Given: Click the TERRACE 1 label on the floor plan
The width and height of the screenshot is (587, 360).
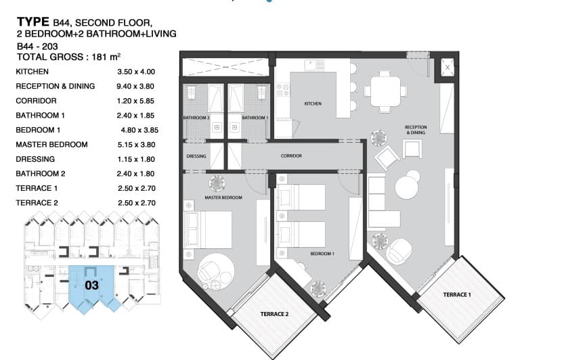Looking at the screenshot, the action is (457, 295).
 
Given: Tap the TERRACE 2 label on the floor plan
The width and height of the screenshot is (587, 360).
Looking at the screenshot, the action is (274, 314).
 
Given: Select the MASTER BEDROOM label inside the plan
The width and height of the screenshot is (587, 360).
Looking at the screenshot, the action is (223, 198).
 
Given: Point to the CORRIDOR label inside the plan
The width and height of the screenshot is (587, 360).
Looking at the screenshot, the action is (291, 156).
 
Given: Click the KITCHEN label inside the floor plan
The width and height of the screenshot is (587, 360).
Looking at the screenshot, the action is (313, 104).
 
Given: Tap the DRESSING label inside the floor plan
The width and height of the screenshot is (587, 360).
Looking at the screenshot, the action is (196, 156).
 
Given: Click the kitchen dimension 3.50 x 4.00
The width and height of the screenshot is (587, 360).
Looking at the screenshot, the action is (136, 72).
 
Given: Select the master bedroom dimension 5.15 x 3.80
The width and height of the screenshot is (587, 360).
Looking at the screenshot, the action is (136, 145).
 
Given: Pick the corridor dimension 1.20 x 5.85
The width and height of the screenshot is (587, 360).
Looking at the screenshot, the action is (135, 101).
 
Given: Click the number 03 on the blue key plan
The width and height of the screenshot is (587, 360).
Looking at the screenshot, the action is (91, 286).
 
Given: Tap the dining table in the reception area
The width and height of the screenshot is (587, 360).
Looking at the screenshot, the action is (386, 91).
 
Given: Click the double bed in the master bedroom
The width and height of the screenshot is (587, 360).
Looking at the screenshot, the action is (208, 230).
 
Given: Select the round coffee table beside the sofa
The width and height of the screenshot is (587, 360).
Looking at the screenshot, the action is (407, 187).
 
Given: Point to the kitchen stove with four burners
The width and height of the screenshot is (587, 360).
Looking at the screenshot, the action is (283, 90).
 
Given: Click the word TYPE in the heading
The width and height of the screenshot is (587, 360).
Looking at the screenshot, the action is (33, 22).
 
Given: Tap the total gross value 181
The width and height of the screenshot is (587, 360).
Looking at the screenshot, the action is (99, 58).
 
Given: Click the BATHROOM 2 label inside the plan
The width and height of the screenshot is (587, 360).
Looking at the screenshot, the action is (196, 118).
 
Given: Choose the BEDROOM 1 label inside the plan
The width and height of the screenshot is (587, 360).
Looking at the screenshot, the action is (322, 254).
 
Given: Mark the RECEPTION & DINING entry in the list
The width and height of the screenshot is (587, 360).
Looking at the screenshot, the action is (56, 87).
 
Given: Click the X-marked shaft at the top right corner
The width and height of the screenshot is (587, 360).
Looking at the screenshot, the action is (448, 68).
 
